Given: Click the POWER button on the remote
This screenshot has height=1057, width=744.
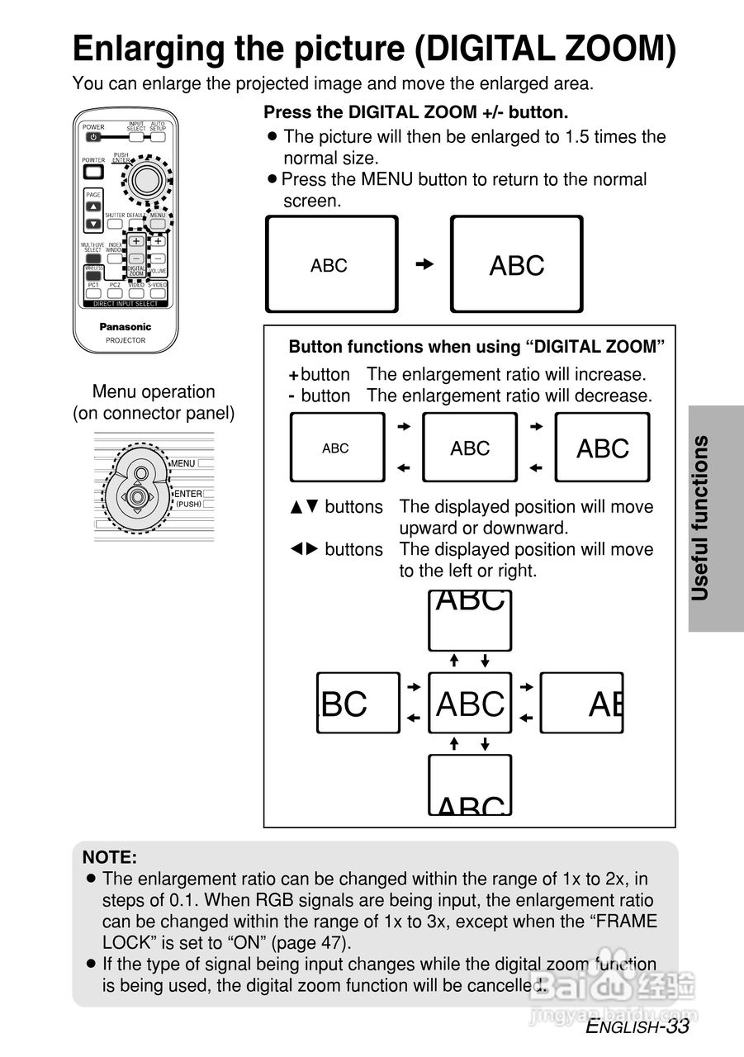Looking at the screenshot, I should click(x=92, y=137).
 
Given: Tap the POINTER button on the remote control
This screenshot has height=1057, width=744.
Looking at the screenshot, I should click(x=93, y=172).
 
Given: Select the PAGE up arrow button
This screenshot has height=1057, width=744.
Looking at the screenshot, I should click(x=93, y=206).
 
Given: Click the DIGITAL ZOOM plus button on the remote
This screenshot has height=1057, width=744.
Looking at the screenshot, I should click(x=135, y=242).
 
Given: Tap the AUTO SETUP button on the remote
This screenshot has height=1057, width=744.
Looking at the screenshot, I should click(x=158, y=137).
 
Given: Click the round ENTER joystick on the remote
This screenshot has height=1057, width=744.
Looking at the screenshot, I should click(x=147, y=178).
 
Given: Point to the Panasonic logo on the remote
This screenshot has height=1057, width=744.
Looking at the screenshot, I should click(x=126, y=327).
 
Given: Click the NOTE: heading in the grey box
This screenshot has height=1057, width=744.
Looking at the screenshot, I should click(x=110, y=858).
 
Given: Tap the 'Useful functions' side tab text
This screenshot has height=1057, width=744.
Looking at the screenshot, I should click(x=700, y=518).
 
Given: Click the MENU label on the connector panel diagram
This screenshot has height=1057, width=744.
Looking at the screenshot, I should click(x=183, y=463).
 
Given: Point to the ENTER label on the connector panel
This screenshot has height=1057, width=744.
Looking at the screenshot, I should click(x=187, y=494).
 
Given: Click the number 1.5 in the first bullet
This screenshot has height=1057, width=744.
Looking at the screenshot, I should click(x=576, y=136).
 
